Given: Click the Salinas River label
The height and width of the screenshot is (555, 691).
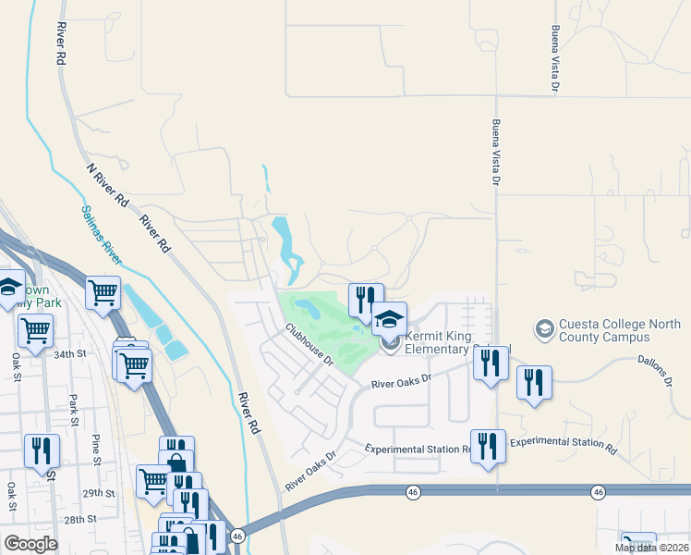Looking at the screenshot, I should pyautogui.click(x=108, y=240).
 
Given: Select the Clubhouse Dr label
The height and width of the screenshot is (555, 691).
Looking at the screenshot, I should pyautogui.click(x=309, y=342).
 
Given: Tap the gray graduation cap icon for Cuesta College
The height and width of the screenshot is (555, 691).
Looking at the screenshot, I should pyautogui.click(x=544, y=328).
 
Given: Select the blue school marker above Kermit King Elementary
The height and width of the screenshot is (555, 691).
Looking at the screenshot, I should pyautogui.click(x=389, y=319).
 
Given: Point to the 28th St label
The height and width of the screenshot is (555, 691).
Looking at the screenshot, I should pyautogui.click(x=80, y=521).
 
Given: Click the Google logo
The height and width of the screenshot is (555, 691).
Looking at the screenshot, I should pyautogui.click(x=30, y=544).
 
